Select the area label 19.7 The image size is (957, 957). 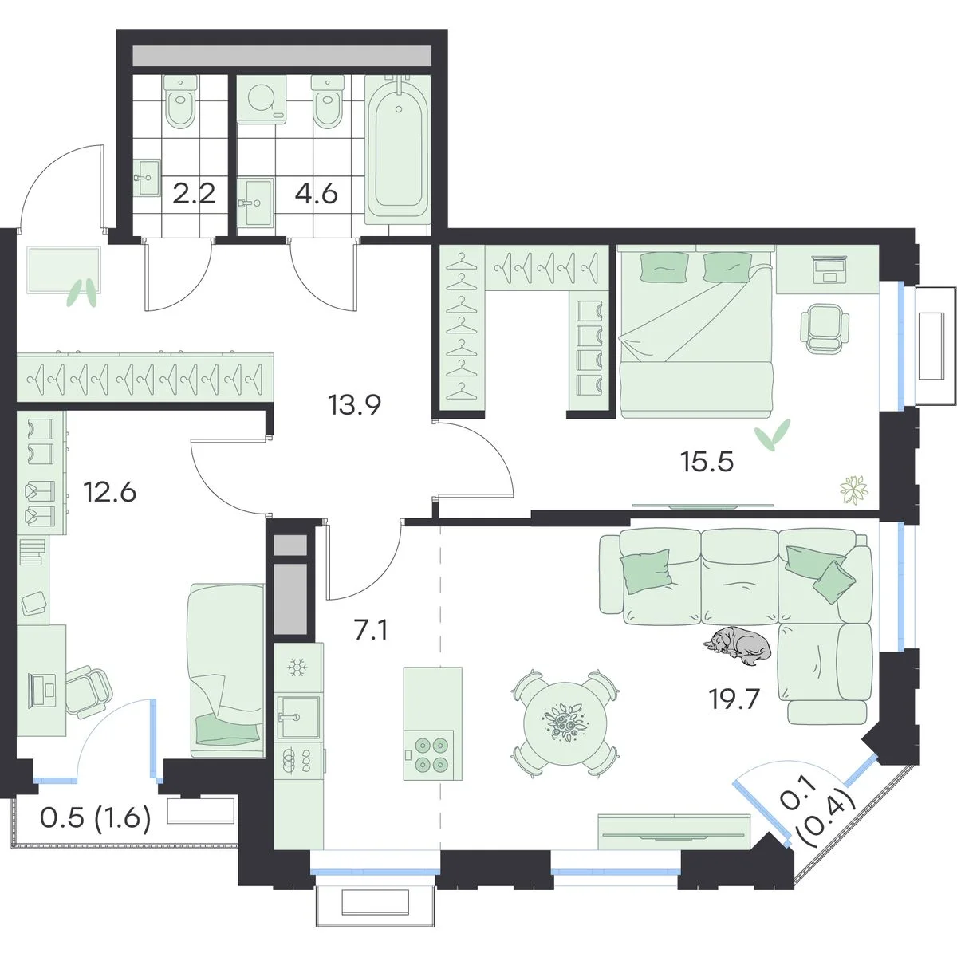pyautogui.click(x=734, y=700)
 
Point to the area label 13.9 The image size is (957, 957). pyautogui.click(x=354, y=405)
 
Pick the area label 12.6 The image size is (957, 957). pyautogui.click(x=109, y=493)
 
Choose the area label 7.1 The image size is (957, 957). pyautogui.click(x=372, y=632)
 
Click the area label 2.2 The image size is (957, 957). pyautogui.click(x=194, y=194)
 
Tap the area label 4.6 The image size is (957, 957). pyautogui.click(x=317, y=194)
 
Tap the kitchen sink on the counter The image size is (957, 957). pyautogui.click(x=298, y=717)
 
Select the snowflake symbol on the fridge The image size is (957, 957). pyautogui.click(x=298, y=668)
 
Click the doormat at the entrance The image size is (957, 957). pyautogui.click(x=65, y=270)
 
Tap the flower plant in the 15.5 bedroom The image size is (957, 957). pyautogui.click(x=854, y=490)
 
